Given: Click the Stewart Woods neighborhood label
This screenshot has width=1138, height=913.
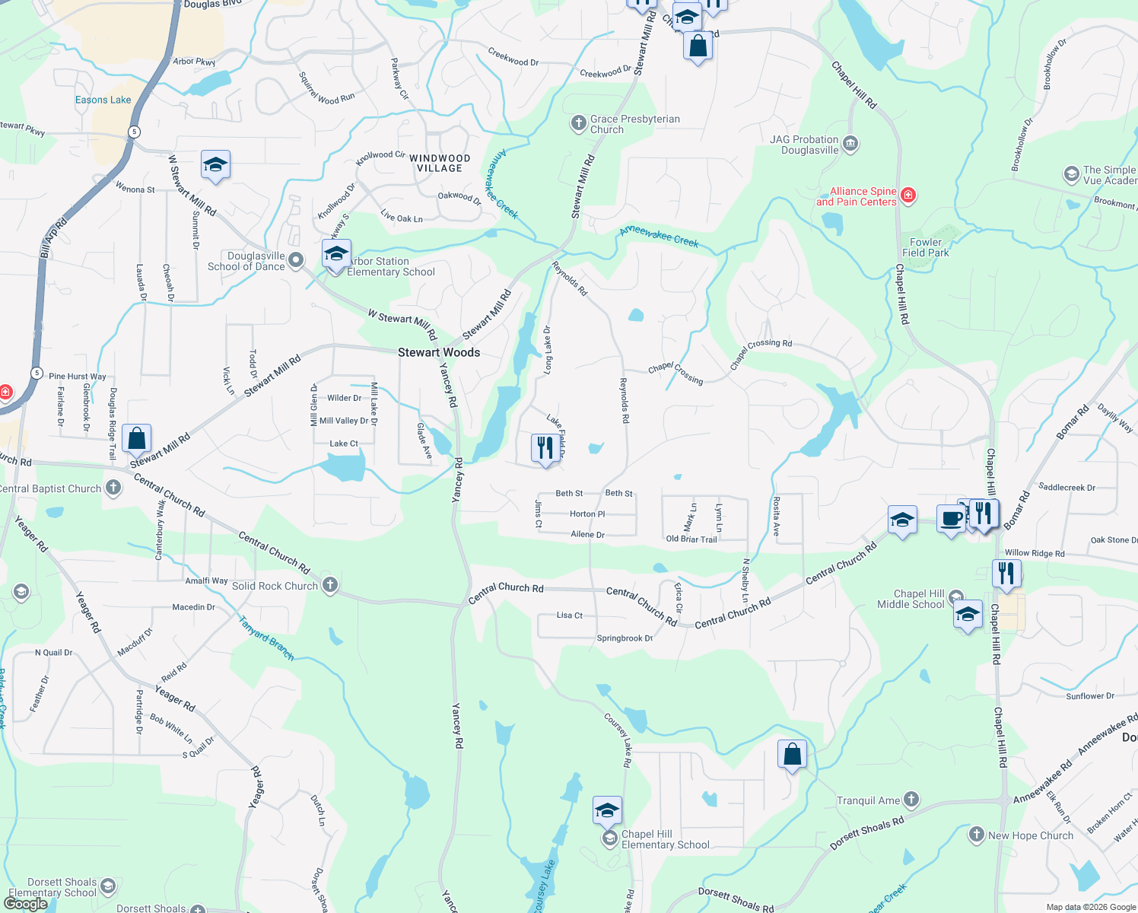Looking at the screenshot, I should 439,352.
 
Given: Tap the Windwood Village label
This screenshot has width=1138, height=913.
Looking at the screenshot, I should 440,164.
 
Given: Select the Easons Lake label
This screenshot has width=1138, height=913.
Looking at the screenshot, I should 103,100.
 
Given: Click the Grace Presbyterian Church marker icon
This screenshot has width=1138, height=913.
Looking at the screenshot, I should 579,122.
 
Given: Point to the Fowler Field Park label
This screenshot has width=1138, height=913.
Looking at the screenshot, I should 926,247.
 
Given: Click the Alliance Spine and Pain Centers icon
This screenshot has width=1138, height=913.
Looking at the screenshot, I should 908,196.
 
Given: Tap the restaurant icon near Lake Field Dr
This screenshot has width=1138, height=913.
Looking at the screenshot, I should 545,448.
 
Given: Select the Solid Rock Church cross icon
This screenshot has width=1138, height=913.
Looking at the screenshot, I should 329,585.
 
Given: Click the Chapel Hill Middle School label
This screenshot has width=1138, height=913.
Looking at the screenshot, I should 911,599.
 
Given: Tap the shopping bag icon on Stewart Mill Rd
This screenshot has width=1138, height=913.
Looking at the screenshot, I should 137,438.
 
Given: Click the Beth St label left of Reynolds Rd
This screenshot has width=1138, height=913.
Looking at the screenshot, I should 569,493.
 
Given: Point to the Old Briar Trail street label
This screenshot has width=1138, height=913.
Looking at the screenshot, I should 691,539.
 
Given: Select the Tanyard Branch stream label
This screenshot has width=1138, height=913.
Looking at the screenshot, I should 266,638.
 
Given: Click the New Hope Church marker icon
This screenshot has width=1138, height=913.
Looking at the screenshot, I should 977,835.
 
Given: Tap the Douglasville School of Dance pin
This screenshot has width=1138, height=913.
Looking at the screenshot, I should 296,261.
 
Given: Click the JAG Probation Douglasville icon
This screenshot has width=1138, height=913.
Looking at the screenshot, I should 850,144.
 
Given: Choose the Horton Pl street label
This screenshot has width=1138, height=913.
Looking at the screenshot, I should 587,514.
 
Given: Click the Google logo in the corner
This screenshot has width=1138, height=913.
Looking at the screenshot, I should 26,904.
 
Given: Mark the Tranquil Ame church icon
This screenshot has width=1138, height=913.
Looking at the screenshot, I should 911,800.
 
